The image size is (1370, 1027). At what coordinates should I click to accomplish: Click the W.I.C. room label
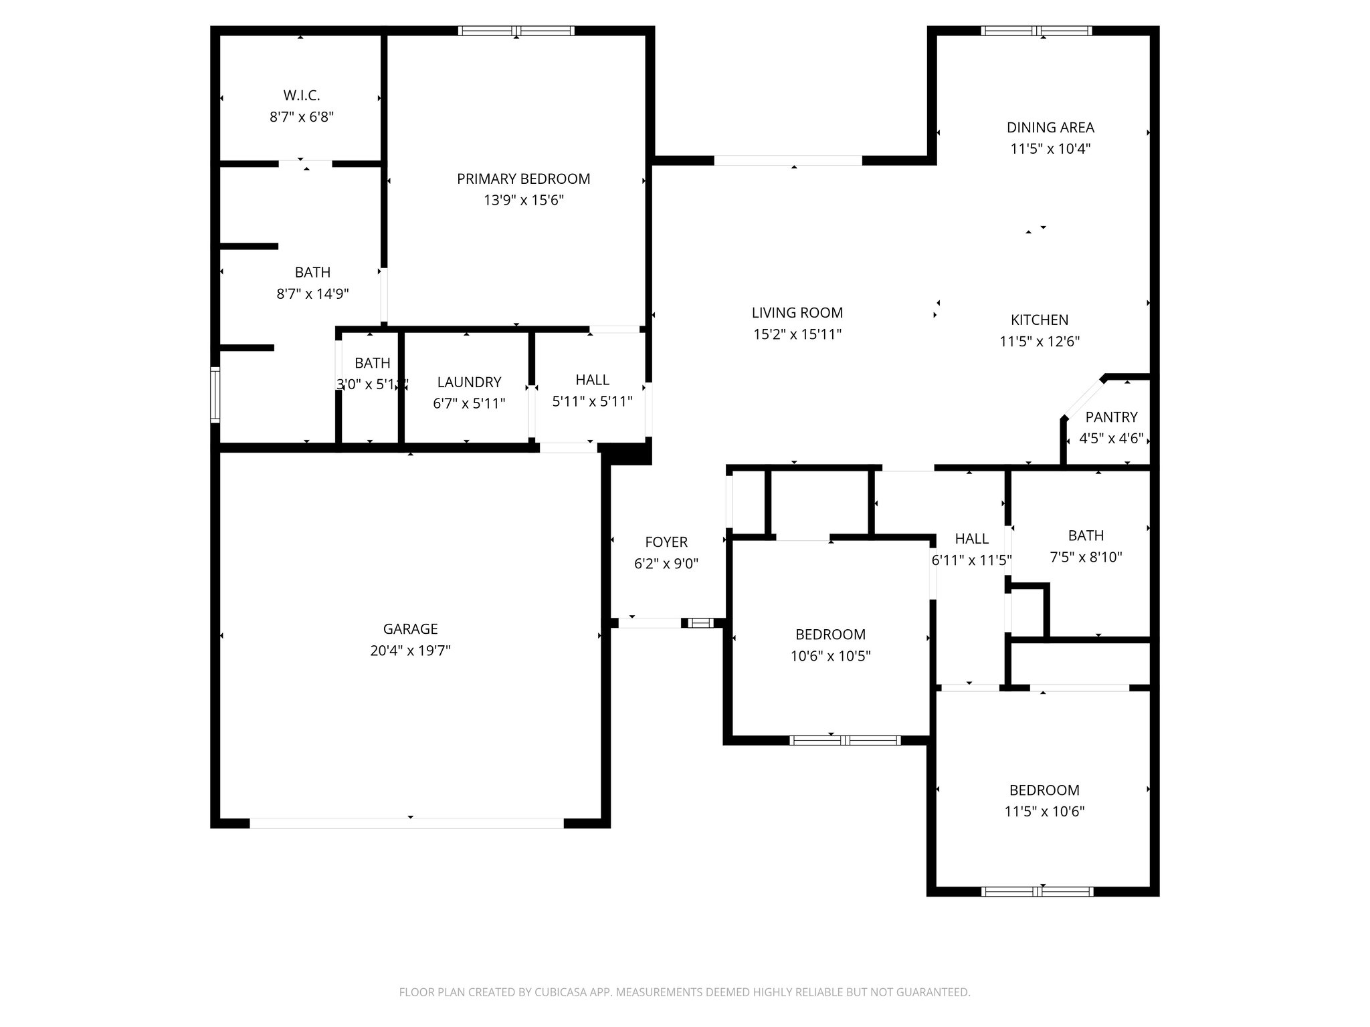[x=301, y=96]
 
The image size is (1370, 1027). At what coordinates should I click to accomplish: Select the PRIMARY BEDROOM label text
[x=523, y=179]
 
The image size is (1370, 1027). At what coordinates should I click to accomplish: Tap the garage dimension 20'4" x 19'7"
[x=410, y=651]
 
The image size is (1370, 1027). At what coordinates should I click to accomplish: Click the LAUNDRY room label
[x=469, y=382]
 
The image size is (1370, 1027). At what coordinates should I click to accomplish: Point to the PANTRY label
[x=1111, y=417]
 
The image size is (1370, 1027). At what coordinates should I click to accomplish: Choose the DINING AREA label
[x=1050, y=127]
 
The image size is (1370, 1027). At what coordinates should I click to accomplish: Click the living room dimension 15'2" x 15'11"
[x=797, y=334]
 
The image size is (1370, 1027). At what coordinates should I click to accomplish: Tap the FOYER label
[x=666, y=542]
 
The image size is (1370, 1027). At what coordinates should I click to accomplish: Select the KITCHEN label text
[x=1040, y=320]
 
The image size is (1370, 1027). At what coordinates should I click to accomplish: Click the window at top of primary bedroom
[x=516, y=31]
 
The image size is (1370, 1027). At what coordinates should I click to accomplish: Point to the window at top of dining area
[x=1036, y=31]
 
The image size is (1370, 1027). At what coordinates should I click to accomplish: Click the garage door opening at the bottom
[x=407, y=823]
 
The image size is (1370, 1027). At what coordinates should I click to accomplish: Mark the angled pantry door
[x=1082, y=400]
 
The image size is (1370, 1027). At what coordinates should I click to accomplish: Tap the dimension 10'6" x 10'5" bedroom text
[x=830, y=656]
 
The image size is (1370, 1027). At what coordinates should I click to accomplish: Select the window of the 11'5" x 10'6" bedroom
[x=1037, y=891]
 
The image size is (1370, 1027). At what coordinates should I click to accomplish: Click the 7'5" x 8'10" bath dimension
[x=1086, y=557]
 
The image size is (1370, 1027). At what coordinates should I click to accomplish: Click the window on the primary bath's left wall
[x=215, y=394]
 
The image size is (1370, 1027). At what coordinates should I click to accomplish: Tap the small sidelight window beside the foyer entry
[x=701, y=623]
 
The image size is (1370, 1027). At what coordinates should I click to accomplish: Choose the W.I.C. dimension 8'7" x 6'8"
[x=301, y=117]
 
